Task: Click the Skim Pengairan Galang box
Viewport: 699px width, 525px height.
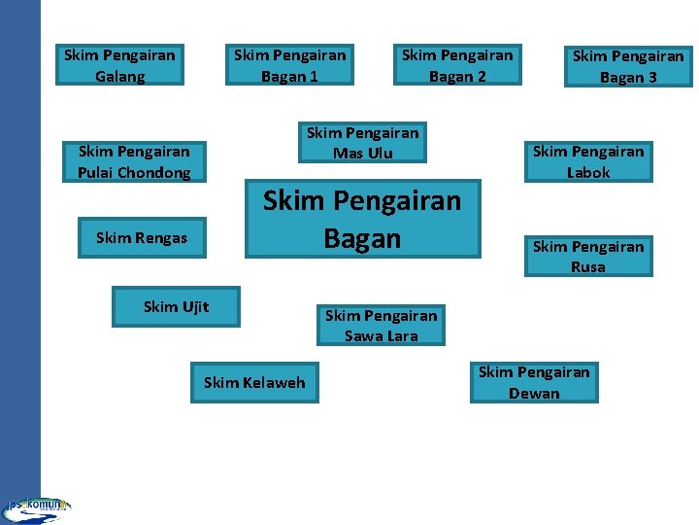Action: coord(119,65)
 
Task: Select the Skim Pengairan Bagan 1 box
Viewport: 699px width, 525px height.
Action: coord(289,65)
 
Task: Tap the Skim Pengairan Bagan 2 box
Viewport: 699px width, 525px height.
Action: coord(457,65)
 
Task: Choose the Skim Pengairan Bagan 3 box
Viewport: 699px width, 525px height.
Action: coord(628,66)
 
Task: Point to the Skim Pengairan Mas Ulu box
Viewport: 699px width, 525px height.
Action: coord(362,143)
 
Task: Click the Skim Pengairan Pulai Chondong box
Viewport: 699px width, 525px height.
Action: coord(134,161)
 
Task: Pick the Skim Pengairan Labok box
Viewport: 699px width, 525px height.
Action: coord(588,161)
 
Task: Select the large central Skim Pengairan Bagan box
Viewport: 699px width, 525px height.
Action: coord(362,219)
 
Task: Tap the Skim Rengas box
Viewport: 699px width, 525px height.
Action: coord(142,237)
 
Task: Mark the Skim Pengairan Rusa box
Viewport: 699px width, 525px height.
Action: coord(588,257)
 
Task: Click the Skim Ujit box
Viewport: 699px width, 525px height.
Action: coord(176,307)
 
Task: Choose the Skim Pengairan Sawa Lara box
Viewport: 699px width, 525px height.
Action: coord(381,326)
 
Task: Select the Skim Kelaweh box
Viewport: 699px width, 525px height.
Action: coord(254,382)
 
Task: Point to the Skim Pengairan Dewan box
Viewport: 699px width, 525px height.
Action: coord(534,382)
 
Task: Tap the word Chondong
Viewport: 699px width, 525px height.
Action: coord(153,173)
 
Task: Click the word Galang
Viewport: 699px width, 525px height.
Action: coord(120,77)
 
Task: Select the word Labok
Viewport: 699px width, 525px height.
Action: coord(588,173)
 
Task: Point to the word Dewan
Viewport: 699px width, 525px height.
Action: coord(534,394)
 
